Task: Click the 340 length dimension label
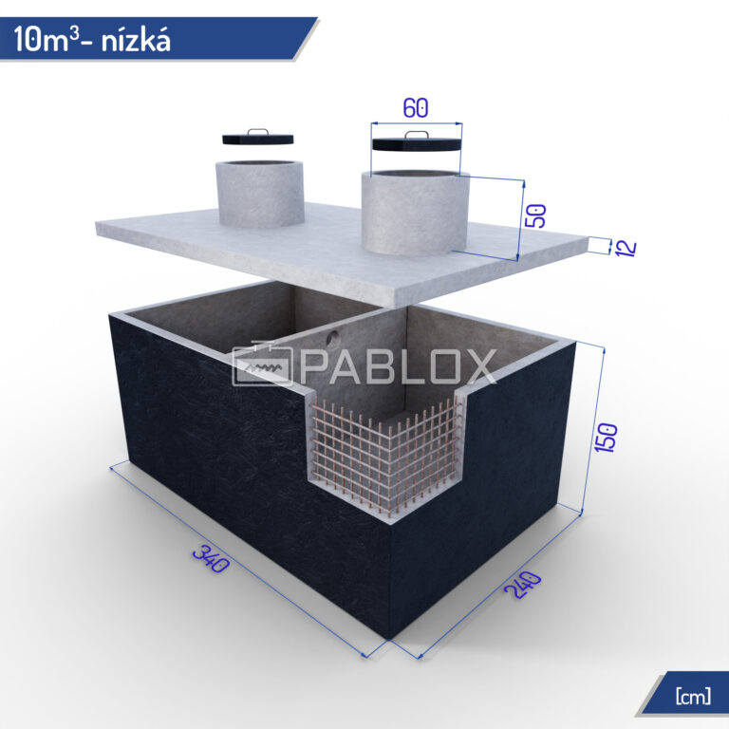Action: coord(211,558)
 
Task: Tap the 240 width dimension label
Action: coord(523,585)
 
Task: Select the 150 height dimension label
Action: coord(606,437)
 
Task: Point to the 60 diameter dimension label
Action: coord(415,108)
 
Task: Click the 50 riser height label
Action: coord(535,215)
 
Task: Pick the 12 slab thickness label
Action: coord(626,248)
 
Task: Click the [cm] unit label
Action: coord(693,697)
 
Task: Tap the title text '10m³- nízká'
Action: coord(92,39)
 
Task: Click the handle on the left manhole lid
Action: coord(258,132)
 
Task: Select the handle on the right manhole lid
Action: coord(417,135)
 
